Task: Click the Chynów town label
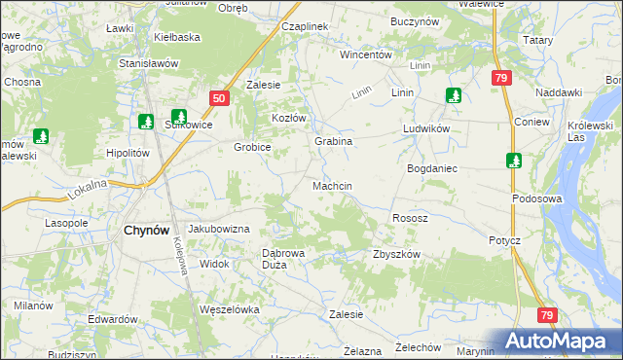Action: [148, 231]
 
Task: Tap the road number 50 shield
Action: [219, 98]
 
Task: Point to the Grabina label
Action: [333, 141]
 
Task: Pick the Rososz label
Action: [410, 218]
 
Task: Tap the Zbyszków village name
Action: [395, 254]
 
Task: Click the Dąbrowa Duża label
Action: [285, 259]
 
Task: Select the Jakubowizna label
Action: [219, 229]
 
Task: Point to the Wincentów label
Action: [365, 54]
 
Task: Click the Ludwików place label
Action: [425, 128]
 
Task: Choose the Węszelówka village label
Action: [228, 309]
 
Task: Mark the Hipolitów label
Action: [128, 153]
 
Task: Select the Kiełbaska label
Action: [177, 37]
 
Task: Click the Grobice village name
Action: [251, 147]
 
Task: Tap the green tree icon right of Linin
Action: [453, 95]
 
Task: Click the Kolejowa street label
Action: [181, 256]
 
